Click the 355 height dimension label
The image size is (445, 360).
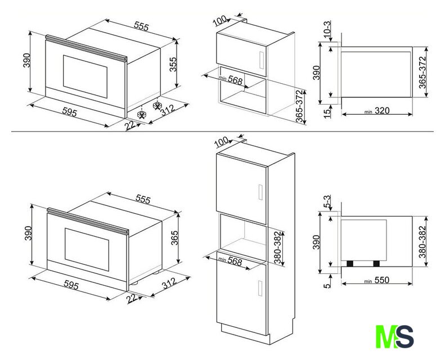click(x=173, y=64)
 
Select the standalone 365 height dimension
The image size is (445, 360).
click(x=174, y=238)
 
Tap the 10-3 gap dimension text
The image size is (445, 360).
click(x=327, y=30)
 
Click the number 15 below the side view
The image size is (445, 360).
click(x=327, y=111)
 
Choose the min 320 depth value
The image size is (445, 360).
click(x=377, y=111)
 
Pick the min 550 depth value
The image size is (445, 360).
click(x=377, y=280)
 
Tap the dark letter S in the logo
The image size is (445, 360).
click(x=404, y=336)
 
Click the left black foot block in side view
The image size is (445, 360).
click(x=350, y=264)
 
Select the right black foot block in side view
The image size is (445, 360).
click(x=376, y=264)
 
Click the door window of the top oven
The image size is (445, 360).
click(x=85, y=76)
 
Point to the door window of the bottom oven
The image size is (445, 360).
click(x=87, y=249)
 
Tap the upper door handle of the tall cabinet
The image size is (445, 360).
click(x=260, y=192)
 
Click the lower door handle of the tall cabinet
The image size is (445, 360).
click(x=260, y=288)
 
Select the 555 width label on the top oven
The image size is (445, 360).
click(x=141, y=26)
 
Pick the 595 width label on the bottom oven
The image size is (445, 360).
click(x=71, y=285)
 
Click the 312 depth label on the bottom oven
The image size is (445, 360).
click(x=169, y=283)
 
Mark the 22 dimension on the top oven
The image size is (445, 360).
click(x=130, y=125)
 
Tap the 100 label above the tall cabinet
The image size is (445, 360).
click(x=221, y=142)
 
